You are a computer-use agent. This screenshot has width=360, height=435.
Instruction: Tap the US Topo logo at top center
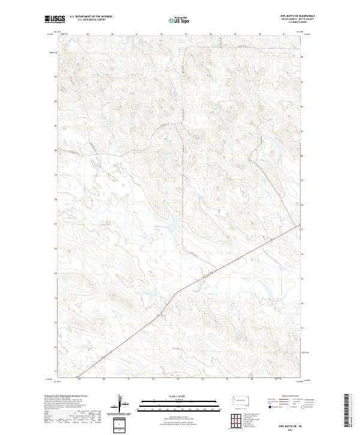pyautogui.click(x=180, y=19)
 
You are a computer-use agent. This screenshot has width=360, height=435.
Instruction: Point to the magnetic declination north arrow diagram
pyautogui.click(x=123, y=404)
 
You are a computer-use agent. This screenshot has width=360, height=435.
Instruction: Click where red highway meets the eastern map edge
pyautogui.click(x=300, y=225)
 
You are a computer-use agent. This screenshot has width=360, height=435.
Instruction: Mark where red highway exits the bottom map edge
pyautogui.click(x=78, y=376)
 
